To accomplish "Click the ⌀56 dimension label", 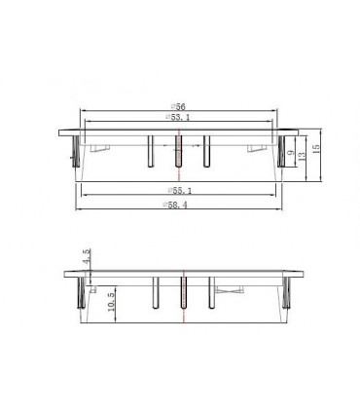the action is click(178, 106).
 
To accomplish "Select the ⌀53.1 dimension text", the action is click(178, 117).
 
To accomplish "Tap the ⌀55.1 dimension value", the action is click(180, 191).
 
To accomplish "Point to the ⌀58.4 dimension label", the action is click(175, 205).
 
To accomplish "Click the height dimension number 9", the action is click(291, 152).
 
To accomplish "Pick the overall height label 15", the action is click(316, 148).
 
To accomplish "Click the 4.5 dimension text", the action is click(87, 256).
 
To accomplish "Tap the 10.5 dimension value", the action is click(111, 302).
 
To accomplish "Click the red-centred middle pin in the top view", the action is click(178, 151).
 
